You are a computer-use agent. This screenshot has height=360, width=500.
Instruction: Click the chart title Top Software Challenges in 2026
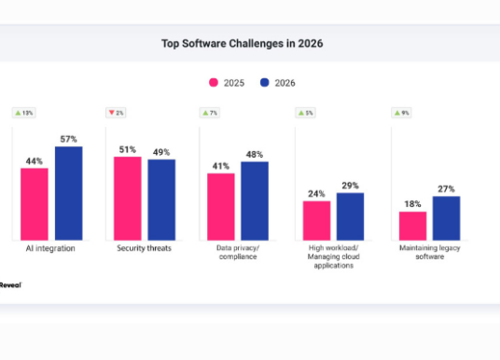249,44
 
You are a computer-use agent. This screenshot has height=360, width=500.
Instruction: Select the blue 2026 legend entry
276,83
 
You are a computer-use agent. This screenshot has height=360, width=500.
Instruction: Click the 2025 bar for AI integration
35,203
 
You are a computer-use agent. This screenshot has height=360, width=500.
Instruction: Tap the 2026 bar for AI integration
68,193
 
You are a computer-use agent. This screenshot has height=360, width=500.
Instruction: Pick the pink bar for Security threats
128,198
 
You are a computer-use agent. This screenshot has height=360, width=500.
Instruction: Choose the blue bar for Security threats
161,200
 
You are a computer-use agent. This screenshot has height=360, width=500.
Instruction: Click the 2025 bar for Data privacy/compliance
221,206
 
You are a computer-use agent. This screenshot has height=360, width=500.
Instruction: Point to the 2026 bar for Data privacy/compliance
255,201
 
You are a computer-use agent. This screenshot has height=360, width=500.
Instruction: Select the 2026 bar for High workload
350,215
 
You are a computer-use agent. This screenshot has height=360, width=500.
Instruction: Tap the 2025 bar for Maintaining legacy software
413,225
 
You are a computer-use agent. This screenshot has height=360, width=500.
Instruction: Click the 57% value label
68,139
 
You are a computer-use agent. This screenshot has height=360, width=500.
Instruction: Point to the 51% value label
128,148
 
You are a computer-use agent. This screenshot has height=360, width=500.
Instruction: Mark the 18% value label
413,203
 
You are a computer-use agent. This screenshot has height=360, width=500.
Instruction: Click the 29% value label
350,186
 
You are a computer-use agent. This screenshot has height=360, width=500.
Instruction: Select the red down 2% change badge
116,113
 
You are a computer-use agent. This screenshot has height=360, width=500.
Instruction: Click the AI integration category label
51,248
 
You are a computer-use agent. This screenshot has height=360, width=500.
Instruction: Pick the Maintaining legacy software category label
430,253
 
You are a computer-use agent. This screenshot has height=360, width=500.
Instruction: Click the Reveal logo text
10,284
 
